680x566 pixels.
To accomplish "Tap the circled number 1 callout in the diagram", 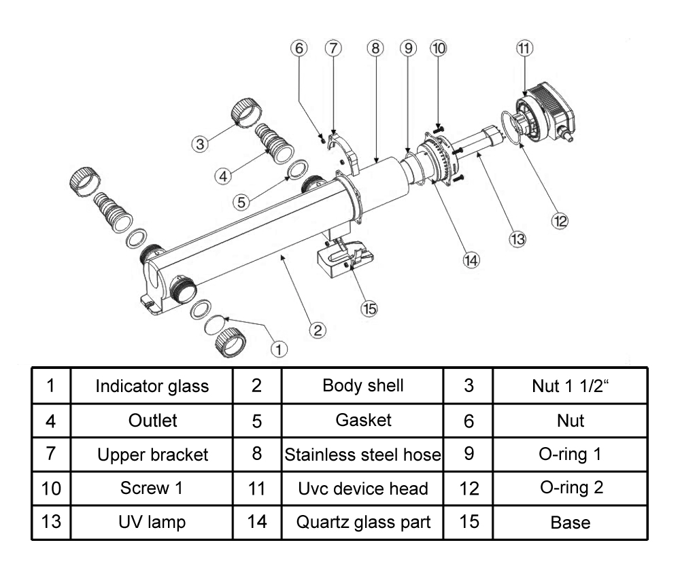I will (x=279, y=348).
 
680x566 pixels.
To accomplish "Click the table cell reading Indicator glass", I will (x=152, y=386).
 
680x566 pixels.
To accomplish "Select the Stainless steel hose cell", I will (x=363, y=455).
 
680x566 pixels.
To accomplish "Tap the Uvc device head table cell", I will (x=363, y=489).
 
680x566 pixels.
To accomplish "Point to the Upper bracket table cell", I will (x=152, y=455).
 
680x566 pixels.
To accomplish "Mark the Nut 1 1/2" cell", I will (x=570, y=386).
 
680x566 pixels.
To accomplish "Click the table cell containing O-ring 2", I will (x=570, y=489).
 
